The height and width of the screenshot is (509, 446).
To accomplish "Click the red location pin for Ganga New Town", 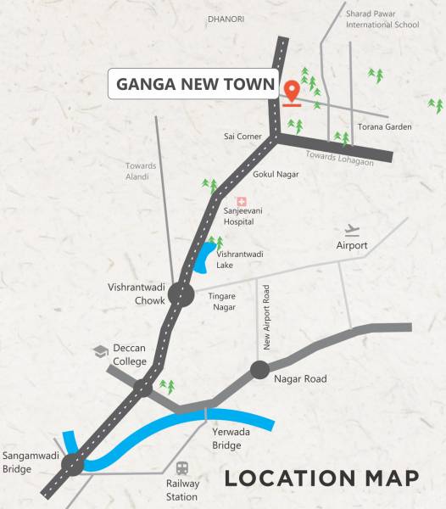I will coord(292,91).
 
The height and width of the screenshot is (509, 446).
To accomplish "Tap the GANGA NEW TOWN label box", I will coord(196,85).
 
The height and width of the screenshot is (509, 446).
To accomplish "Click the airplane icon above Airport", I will coord(353,230).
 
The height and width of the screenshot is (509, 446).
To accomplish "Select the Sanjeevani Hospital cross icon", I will coord(242,201).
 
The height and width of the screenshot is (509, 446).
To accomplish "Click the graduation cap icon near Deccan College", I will coord(100,350).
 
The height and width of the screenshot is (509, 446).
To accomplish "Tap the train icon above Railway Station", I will coord(182,468).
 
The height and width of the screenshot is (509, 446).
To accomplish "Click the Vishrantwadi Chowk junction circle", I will coord(181,294).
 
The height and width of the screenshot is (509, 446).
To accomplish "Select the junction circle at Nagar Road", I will coord(259,370).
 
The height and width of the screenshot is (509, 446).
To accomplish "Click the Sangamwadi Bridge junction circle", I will coord(75,464).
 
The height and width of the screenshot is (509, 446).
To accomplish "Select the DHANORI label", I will coord(225,17).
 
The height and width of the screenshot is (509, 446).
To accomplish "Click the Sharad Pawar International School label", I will coord(382,20).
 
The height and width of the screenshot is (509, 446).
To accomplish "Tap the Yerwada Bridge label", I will coord(227,438).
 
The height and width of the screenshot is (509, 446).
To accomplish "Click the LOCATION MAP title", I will coord(321,478).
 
